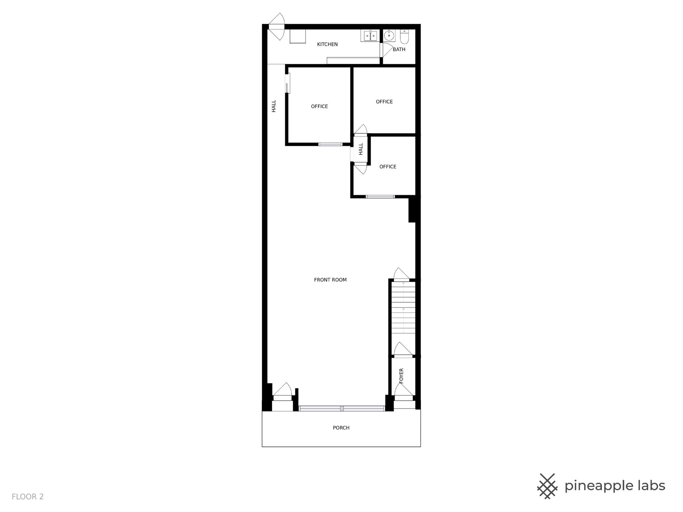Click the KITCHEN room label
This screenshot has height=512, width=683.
pos(327,44)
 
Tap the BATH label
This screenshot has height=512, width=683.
pos(399,49)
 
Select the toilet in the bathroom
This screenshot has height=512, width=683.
pos(405,36)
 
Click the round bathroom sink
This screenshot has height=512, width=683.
pos(390,36)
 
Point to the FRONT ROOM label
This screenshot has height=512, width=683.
pos(330,280)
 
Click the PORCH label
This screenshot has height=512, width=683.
pos(341,428)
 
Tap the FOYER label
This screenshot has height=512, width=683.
pos(401,376)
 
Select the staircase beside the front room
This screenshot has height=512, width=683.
pos(403,308)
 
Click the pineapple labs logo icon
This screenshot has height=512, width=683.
pos(547,486)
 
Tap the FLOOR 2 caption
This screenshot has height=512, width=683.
pos(28,497)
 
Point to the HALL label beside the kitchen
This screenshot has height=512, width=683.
pos(274,106)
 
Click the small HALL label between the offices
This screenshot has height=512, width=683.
pos(361,149)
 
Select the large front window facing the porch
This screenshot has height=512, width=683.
pos(342,409)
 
